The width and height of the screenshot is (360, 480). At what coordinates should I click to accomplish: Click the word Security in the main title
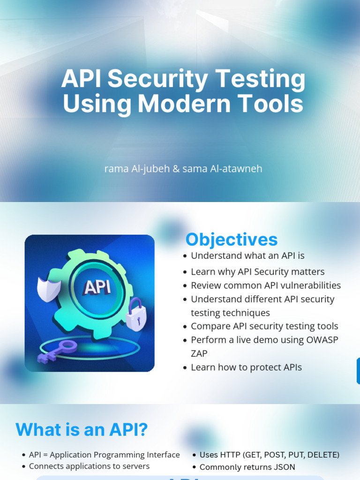[157, 79]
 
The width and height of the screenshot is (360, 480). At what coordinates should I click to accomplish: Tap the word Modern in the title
[184, 103]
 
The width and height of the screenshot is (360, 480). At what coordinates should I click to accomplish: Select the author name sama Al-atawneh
[222, 169]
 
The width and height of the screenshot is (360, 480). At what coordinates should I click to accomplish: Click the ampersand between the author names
[176, 169]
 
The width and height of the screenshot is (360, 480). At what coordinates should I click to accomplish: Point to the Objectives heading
[232, 240]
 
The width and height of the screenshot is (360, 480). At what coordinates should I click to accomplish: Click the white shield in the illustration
[48, 289]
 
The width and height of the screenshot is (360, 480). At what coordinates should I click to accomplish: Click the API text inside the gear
[97, 288]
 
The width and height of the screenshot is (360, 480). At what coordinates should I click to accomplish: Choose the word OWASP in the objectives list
[322, 340]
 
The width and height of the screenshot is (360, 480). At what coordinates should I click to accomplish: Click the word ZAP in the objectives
[199, 353]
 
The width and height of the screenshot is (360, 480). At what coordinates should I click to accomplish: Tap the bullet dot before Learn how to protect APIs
[185, 367]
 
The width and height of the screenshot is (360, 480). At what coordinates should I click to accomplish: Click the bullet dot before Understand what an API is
[185, 256]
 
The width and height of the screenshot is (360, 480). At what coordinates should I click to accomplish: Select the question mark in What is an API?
[142, 429]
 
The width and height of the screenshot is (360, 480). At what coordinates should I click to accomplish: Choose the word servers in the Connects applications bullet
[136, 466]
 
